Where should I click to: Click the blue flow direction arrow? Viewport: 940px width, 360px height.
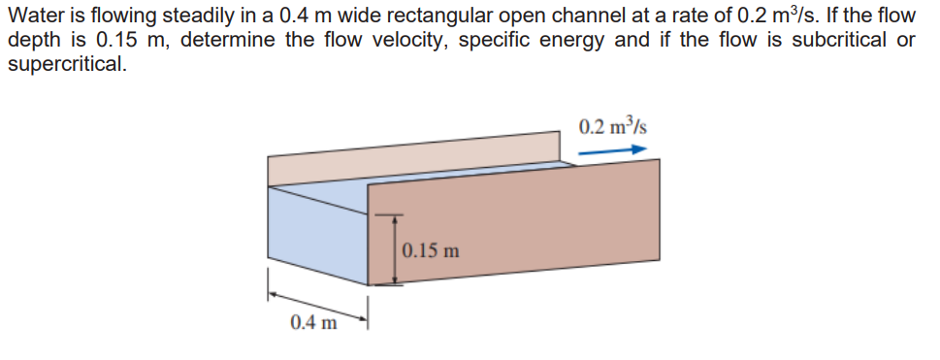tap(611, 151)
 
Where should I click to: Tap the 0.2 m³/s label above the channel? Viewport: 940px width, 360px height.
tap(612, 127)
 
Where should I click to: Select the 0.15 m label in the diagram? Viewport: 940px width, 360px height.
tap(429, 251)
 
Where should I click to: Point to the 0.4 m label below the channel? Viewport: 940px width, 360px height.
tap(313, 322)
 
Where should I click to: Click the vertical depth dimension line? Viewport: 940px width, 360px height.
tap(393, 248)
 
